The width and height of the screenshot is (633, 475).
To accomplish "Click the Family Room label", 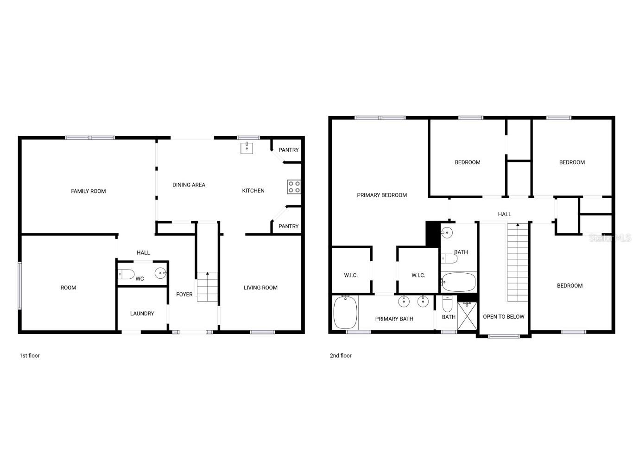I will [x=88, y=191].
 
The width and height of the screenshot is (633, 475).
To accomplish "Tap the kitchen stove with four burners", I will [x=294, y=186].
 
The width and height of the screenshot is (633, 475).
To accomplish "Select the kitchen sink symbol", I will [x=247, y=148].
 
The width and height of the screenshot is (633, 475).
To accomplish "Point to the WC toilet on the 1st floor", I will [x=126, y=274].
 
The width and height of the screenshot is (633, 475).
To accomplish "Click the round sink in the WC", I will [x=160, y=273].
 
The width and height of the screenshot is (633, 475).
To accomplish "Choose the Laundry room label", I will [x=142, y=314].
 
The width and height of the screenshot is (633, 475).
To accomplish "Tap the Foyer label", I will [x=184, y=295].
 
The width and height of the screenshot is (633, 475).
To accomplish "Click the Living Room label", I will [x=260, y=288].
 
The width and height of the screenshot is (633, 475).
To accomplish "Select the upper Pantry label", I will [x=288, y=150].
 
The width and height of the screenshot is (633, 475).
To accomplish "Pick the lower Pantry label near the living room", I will [x=288, y=226].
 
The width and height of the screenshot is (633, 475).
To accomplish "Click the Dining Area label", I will [x=189, y=185].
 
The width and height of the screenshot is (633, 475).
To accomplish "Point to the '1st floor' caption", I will [x=30, y=356].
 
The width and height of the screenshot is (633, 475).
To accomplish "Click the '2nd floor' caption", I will [x=341, y=356].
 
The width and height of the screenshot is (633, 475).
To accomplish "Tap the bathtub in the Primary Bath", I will [x=345, y=312].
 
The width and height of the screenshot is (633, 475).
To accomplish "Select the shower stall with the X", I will [x=467, y=316].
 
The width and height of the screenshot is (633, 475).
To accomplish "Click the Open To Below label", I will [x=503, y=317].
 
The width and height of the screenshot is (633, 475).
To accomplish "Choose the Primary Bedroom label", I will [x=382, y=195].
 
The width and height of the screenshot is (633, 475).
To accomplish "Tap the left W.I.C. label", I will [x=351, y=276].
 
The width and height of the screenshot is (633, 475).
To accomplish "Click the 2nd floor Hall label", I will [x=504, y=214].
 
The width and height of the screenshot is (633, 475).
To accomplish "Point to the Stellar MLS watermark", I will [x=610, y=238].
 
